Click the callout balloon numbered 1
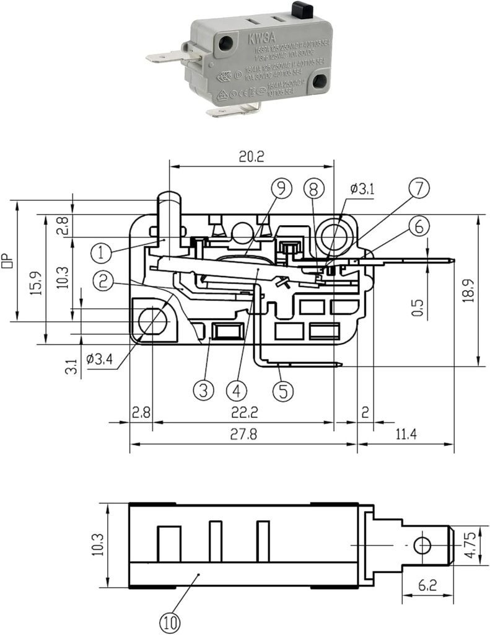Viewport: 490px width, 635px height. pyautogui.click(x=101, y=252)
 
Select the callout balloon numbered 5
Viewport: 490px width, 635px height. pyautogui.click(x=283, y=390)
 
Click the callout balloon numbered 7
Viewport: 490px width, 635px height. pyautogui.click(x=419, y=189)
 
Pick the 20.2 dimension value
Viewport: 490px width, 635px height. pyautogui.click(x=251, y=158)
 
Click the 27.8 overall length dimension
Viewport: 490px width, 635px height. pyautogui.click(x=243, y=434)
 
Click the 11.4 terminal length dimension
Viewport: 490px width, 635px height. pyautogui.click(x=405, y=434)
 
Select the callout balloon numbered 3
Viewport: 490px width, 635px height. pyautogui.click(x=204, y=390)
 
